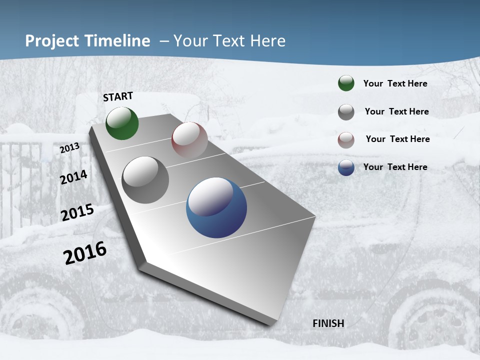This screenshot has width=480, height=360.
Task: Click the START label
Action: pyautogui.click(x=118, y=96)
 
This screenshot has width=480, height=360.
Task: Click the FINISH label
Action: pyautogui.click(x=328, y=323)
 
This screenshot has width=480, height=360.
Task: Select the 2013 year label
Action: pyautogui.click(x=70, y=148)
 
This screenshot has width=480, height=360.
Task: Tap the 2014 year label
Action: pyautogui.click(x=74, y=177)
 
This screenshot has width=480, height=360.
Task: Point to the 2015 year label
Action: pyautogui.click(x=77, y=212)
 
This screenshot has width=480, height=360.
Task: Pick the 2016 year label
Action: pyautogui.click(x=85, y=252)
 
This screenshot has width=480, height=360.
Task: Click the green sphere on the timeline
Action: pyautogui.click(x=122, y=123)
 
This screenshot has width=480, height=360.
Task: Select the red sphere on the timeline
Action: pyautogui.click(x=189, y=139)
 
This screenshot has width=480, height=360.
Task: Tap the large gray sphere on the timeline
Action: pyautogui.click(x=145, y=180)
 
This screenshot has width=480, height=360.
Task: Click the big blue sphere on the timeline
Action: pyautogui.click(x=216, y=207)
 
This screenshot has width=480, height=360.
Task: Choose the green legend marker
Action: pyautogui.click(x=346, y=83)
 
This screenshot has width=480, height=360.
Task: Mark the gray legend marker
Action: pyautogui.click(x=346, y=112)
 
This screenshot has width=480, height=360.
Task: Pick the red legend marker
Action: pyautogui.click(x=346, y=140)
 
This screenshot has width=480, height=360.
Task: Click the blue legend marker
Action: pyautogui.click(x=346, y=167)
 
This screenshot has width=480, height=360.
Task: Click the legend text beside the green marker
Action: pyautogui.click(x=395, y=83)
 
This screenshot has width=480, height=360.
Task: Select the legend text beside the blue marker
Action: pyautogui.click(x=395, y=167)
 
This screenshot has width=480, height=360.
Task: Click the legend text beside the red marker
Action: pyautogui.click(x=397, y=139)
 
